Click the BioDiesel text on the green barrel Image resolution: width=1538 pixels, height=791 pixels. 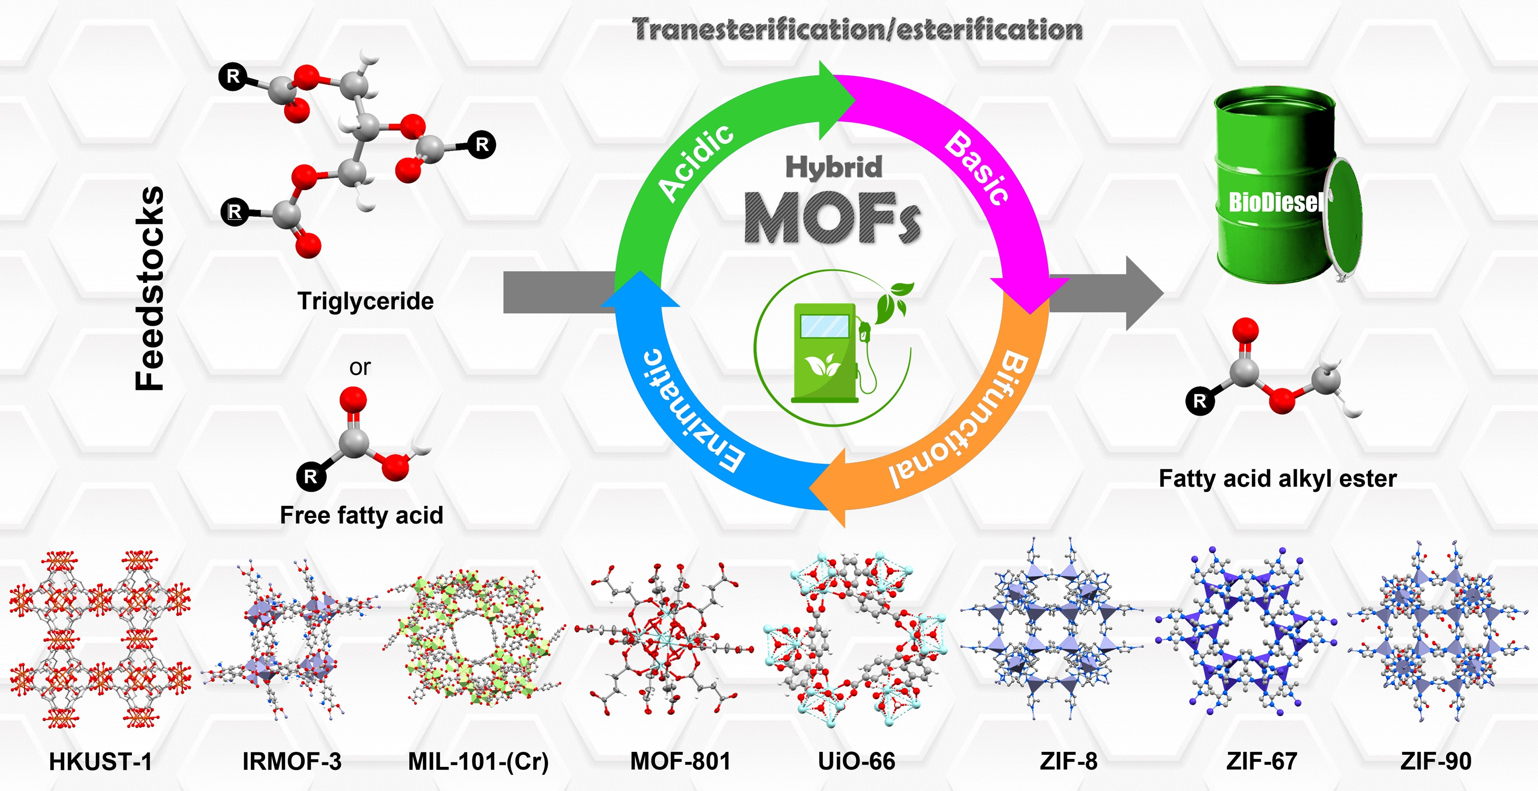1275,202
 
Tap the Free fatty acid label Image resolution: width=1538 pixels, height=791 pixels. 362,515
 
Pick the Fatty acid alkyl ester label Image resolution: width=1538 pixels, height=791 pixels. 1278,479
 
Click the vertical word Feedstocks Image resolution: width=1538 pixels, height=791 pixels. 149,289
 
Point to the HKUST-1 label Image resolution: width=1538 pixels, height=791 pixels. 100,762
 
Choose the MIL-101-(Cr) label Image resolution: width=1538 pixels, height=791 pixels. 478,762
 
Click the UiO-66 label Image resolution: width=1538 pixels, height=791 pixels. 856,762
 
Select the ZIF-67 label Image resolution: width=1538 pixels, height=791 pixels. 1262,762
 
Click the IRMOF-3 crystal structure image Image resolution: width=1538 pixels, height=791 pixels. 293,639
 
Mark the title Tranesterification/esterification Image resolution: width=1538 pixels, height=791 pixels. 858,29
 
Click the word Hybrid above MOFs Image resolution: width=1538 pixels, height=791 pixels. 833,167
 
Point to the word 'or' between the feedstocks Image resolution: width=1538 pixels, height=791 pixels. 360,367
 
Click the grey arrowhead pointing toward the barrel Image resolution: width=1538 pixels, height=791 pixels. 1144,293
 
